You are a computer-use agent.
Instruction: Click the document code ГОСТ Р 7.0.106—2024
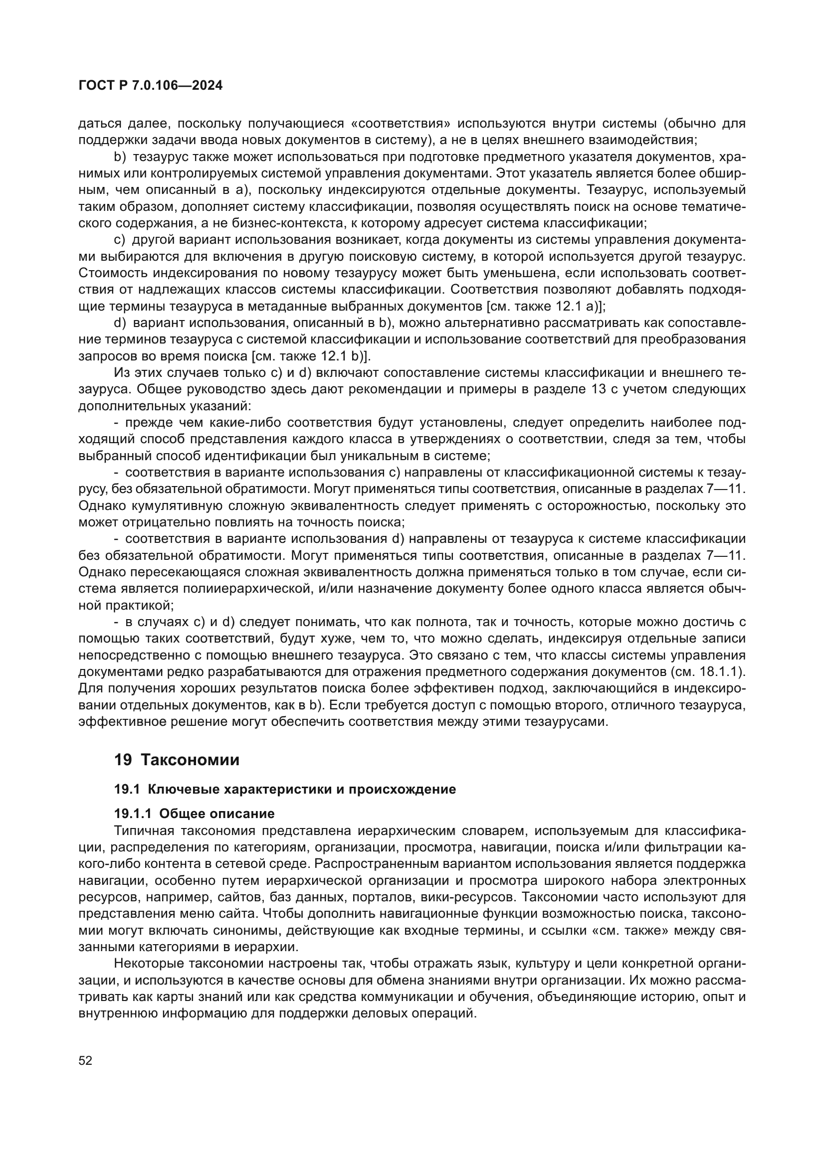tap(150, 85)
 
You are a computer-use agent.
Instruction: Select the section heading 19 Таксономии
tap(176, 760)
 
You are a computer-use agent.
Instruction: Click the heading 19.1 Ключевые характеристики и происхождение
tap(284, 789)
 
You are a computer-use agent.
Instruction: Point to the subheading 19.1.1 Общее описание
tap(194, 814)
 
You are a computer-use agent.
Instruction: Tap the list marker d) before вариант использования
tap(120, 323)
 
